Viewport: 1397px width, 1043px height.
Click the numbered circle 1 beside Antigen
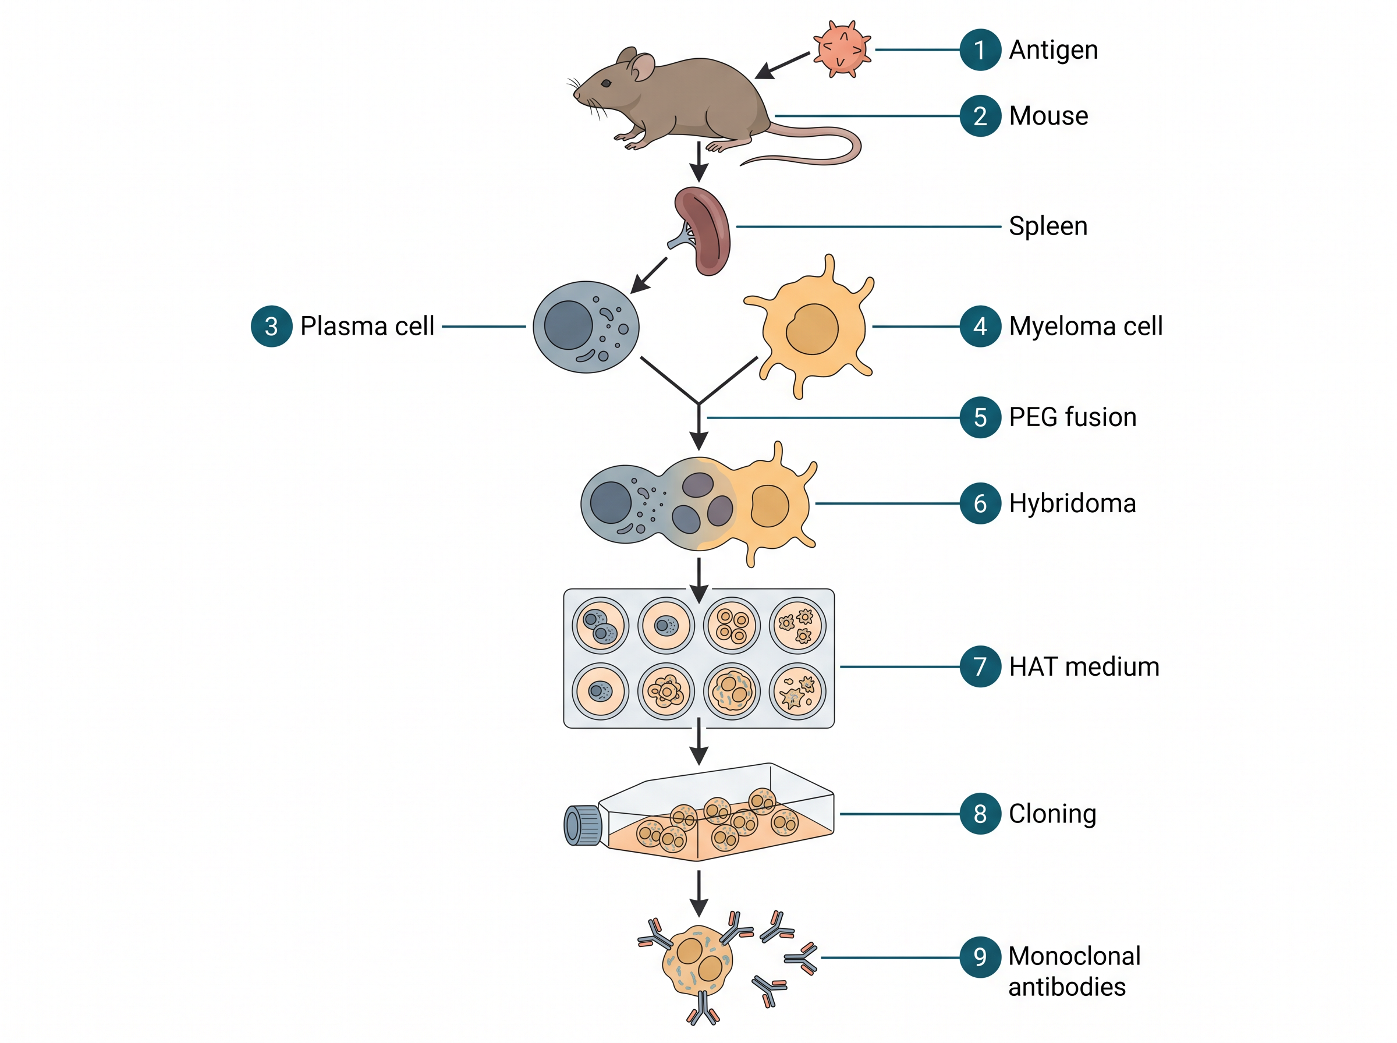click(980, 49)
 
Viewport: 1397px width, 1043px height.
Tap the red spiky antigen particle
click(842, 49)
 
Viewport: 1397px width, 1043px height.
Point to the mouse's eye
click(606, 83)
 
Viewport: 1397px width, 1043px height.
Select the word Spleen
click(1048, 226)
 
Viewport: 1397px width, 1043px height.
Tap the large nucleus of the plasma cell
click(568, 325)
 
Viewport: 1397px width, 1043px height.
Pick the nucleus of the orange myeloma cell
click(812, 329)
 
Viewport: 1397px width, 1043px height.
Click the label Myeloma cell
click(1085, 327)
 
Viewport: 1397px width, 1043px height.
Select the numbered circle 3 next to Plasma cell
click(271, 327)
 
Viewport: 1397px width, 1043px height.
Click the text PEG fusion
click(1073, 417)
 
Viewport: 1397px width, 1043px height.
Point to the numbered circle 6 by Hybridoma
click(980, 503)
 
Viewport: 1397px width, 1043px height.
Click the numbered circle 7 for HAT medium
click(980, 666)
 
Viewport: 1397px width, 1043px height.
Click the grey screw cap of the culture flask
click(582, 825)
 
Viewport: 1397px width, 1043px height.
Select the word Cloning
click(1052, 814)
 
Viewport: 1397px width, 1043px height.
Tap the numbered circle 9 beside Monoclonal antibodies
click(980, 957)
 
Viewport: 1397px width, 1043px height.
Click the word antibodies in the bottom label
click(1067, 987)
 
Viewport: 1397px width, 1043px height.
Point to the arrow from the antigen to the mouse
click(782, 66)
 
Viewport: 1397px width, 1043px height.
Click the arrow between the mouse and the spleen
click(699, 162)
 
